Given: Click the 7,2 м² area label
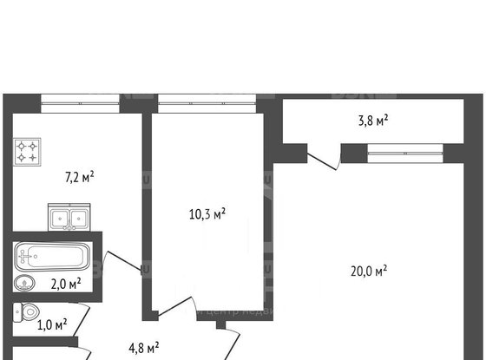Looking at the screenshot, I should (x=80, y=176).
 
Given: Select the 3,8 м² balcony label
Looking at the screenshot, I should (x=372, y=121).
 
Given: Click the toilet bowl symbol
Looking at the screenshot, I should (x=28, y=313).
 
